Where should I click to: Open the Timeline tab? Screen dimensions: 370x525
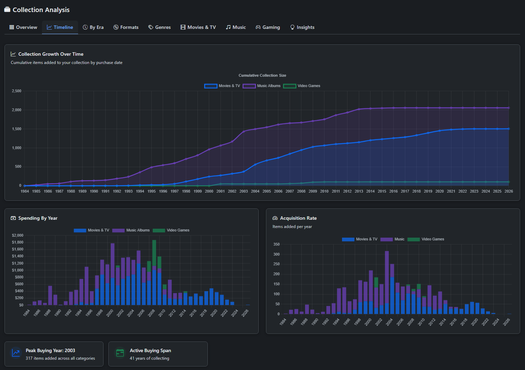click(x=60, y=28)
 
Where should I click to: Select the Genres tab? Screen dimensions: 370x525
click(x=159, y=28)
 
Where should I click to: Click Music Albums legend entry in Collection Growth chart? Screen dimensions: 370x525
click(x=262, y=86)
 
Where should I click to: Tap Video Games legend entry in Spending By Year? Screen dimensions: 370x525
click(x=171, y=230)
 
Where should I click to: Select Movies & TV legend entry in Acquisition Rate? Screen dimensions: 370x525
click(x=360, y=239)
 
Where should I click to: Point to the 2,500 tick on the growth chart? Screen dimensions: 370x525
click(x=17, y=91)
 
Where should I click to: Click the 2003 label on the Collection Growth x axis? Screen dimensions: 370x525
click(x=244, y=192)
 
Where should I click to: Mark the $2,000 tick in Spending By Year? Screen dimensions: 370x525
click(x=18, y=236)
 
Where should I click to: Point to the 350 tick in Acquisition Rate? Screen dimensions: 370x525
click(x=276, y=244)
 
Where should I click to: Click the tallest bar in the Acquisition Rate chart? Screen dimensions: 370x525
click(x=387, y=282)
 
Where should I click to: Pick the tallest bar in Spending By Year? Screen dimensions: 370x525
click(x=154, y=272)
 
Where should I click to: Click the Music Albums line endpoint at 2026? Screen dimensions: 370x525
click(x=508, y=108)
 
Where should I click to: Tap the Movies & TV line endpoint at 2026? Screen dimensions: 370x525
click(x=508, y=129)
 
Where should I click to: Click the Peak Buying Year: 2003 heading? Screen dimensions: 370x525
click(x=50, y=350)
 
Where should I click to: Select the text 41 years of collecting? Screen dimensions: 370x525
click(x=149, y=358)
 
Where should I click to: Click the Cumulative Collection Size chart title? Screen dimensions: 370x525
click(x=262, y=75)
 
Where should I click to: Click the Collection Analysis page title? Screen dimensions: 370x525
click(x=41, y=10)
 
